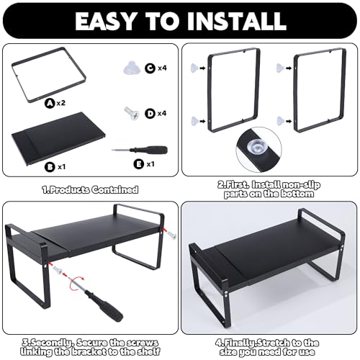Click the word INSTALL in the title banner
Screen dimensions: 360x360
pyautogui.click(x=237, y=21)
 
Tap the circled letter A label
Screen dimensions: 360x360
pyautogui.click(x=50, y=103)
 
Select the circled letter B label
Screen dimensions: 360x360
pyautogui.click(x=50, y=167)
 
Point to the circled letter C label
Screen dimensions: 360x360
pyautogui.click(x=150, y=68)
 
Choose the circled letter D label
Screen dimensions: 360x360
pyautogui.click(x=150, y=113)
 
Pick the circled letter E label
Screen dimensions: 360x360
pyautogui.click(x=138, y=164)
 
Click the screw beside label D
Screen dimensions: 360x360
pyautogui.click(x=132, y=113)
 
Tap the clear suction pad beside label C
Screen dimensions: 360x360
pyautogui.click(x=132, y=68)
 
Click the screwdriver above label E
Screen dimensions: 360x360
pyautogui.click(x=140, y=150)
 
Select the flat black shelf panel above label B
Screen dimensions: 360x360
pyautogui.click(x=59, y=139)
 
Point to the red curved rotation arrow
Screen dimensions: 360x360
pyautogui.click(x=76, y=283)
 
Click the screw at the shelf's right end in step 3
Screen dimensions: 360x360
pyautogui.click(x=171, y=235)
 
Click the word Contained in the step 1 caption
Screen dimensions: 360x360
pyautogui.click(x=115, y=190)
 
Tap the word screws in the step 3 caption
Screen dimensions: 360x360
pyautogui.click(x=143, y=343)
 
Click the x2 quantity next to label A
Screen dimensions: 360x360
pyautogui.click(x=61, y=103)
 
